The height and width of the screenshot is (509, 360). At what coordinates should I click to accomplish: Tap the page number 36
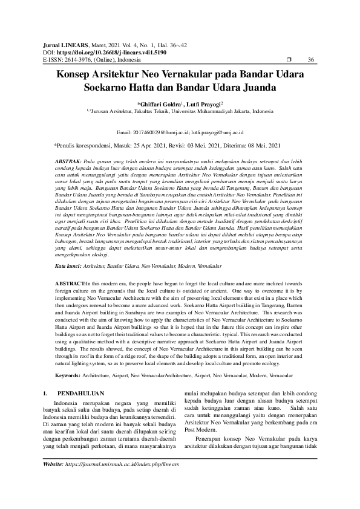[312, 59]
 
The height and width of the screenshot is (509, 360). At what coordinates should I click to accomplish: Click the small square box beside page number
[289, 59]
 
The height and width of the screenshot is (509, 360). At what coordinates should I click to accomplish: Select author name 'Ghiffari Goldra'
[162, 104]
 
